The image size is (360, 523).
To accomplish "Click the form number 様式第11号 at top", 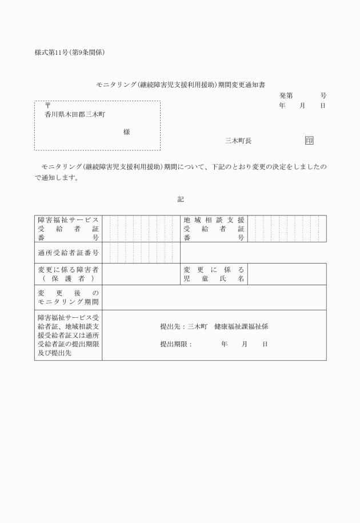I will coord(54,53).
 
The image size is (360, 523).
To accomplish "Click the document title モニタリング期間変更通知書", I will coord(180,85).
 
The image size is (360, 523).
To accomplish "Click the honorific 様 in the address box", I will coord(126,132).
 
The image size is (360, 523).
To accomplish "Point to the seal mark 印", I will coord(309,141).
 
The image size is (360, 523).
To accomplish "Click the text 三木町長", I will coord(238,141).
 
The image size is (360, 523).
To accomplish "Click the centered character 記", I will coord(181,199).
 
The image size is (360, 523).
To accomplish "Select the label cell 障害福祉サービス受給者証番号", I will coord(69,229).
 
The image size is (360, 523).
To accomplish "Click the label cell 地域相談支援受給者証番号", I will coord(214,229).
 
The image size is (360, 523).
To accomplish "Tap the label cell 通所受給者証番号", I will coord(69,253).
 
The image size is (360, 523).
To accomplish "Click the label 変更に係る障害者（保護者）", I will coord(69,274).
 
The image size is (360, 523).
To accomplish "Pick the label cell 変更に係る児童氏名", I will coord(214,274).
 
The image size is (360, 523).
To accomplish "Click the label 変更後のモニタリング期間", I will coord(69,297).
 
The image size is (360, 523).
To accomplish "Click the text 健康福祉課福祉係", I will coord(241,327).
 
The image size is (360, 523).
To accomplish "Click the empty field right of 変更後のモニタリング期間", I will coord(214,297).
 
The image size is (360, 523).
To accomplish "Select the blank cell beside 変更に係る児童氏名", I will coord(287,274).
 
